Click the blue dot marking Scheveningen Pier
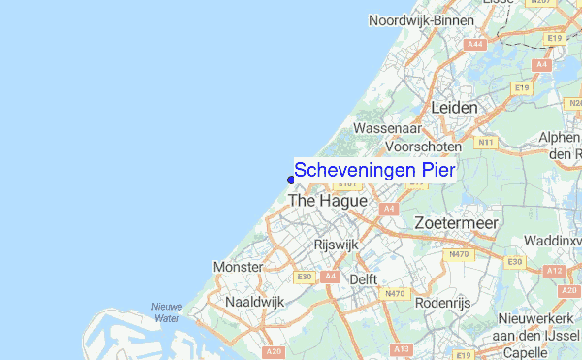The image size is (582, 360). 291,178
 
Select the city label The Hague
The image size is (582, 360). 328,201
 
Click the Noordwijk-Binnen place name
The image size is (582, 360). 420,20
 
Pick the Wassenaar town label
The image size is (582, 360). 387,128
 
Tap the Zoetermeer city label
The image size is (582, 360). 456,223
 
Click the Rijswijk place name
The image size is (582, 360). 336,245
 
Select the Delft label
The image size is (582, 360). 363,278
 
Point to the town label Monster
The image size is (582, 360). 238,266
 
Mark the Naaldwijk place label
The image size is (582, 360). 254,302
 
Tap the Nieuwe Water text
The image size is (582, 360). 166,311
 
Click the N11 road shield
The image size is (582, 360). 485,143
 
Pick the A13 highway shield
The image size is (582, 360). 401,348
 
